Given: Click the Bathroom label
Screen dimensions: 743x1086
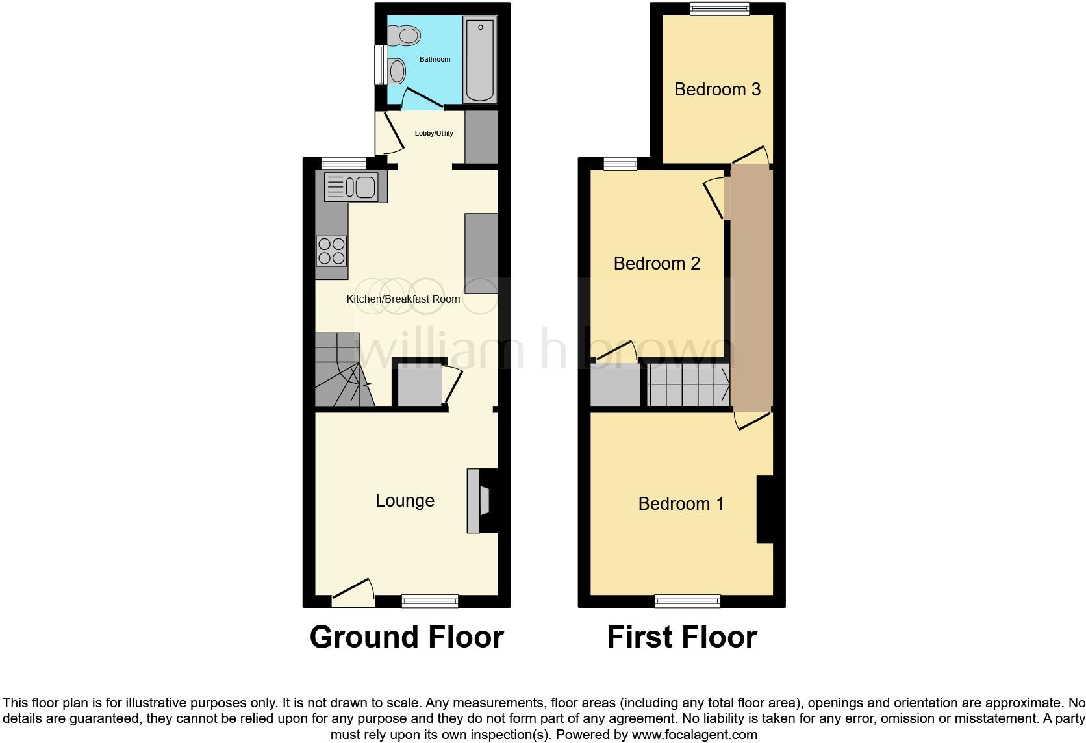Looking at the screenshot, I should (x=435, y=60).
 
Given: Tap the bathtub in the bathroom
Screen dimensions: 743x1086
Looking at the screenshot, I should (x=479, y=60).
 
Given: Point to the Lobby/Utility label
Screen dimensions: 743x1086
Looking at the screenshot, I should (x=434, y=134).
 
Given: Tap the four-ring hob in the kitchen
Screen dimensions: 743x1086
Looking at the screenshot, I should (x=331, y=251).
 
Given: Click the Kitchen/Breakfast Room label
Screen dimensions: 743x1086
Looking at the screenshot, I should (x=403, y=299).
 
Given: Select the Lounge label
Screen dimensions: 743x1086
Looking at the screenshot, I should (x=405, y=501).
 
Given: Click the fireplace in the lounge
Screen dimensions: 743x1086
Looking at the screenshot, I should (x=481, y=501).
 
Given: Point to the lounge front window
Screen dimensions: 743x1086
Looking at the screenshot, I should (x=429, y=601).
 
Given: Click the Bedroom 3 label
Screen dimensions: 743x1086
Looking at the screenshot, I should (x=717, y=90).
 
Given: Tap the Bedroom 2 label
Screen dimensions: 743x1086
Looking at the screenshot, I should (x=657, y=264).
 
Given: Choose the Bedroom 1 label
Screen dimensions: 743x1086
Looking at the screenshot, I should (x=681, y=504).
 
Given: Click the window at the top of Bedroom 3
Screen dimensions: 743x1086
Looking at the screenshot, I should (x=719, y=9).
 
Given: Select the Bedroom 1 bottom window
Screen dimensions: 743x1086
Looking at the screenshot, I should (x=687, y=601).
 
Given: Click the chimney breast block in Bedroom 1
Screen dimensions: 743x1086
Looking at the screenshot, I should (x=765, y=509).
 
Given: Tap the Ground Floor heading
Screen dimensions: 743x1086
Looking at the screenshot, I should (x=407, y=637).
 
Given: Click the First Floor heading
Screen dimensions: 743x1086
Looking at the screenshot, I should (x=681, y=637).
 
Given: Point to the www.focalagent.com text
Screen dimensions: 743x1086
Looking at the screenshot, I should (x=694, y=735).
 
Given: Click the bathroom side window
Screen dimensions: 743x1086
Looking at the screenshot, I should (x=379, y=64).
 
